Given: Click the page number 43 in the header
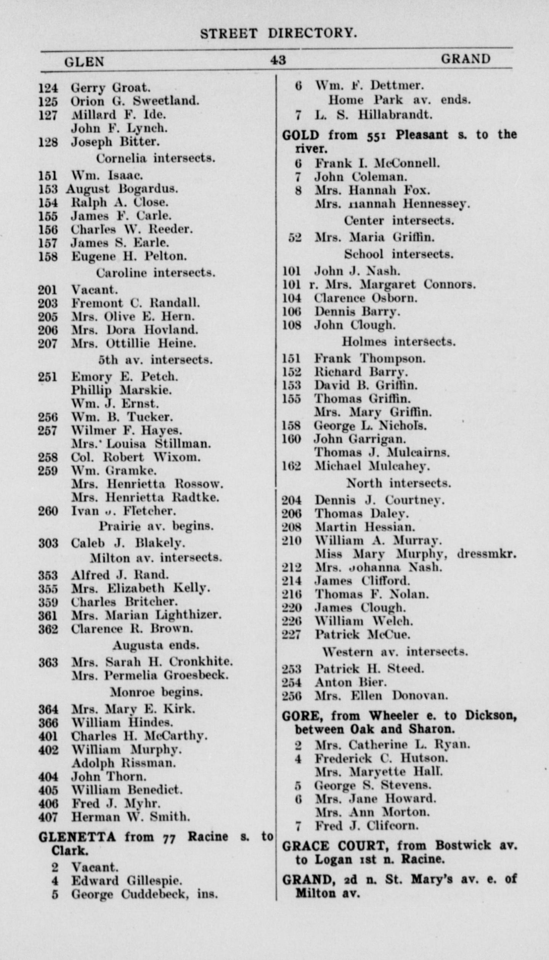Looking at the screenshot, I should tap(278, 60).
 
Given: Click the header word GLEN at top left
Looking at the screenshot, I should tap(84, 62).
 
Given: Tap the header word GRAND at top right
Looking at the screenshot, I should tap(466, 59).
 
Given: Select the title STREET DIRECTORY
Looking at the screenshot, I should tap(279, 34).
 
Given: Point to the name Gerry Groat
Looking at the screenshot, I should tap(111, 88).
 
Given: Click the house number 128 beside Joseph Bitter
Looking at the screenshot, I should tap(48, 142).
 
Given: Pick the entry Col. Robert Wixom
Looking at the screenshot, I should tap(135, 457).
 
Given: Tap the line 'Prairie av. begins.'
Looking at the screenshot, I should tap(156, 526).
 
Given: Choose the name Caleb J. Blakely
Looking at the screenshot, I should tap(128, 543).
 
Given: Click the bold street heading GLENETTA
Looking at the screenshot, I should tap(77, 837).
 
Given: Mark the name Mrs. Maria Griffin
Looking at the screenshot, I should tap(374, 237).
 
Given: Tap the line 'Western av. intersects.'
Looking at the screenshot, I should tap(395, 652).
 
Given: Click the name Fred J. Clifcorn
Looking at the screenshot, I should tap(366, 826).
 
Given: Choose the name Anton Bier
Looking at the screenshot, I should tap(350, 682).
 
